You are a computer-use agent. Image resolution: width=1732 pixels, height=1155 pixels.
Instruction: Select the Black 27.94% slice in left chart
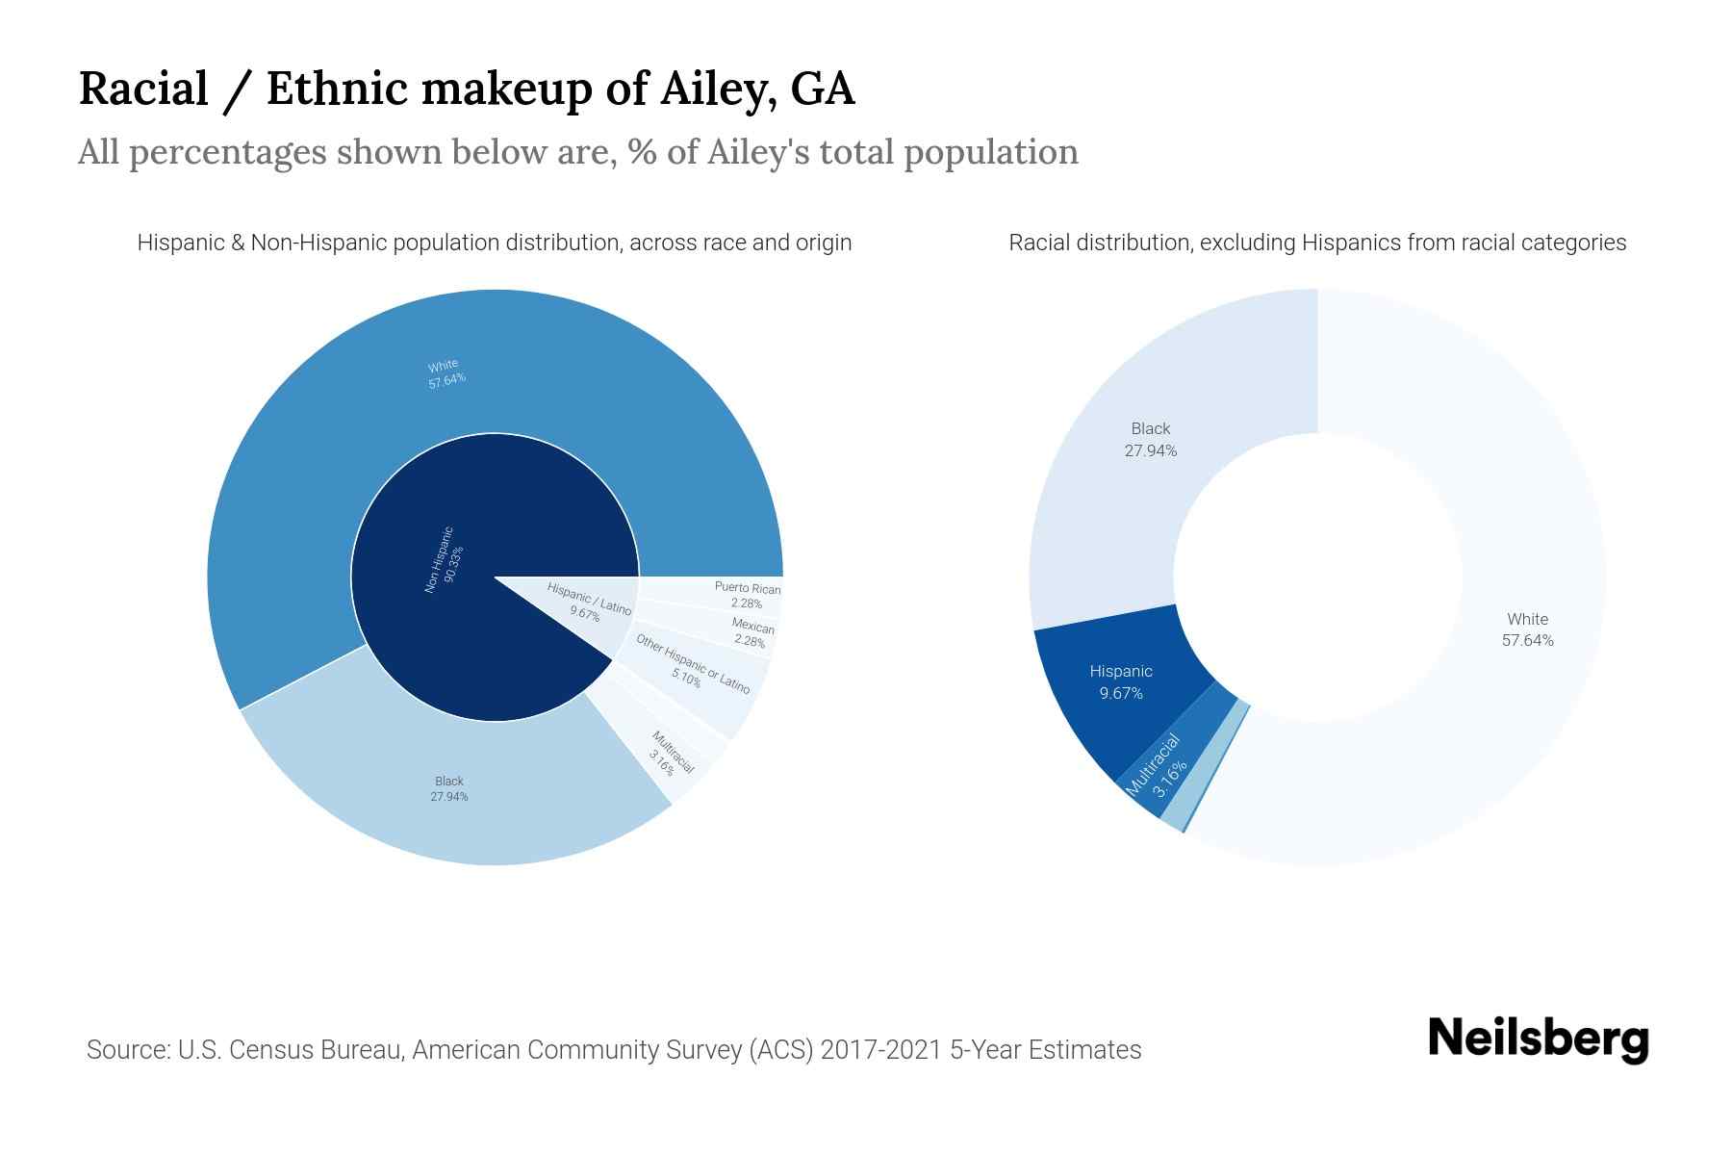coord(448,788)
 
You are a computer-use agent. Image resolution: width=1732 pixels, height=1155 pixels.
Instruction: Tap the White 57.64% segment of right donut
coord(1527,629)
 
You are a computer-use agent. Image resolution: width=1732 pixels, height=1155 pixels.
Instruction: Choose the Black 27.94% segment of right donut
coord(1150,439)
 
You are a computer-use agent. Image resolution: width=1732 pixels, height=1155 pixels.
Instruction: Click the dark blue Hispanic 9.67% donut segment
coord(1121,681)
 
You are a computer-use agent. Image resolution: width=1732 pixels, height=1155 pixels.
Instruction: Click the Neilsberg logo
coord(1538,1039)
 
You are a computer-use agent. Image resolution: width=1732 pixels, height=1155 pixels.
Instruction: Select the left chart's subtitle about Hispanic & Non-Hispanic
coord(495,243)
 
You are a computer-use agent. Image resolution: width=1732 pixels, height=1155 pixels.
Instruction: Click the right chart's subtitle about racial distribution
coord(1317,243)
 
